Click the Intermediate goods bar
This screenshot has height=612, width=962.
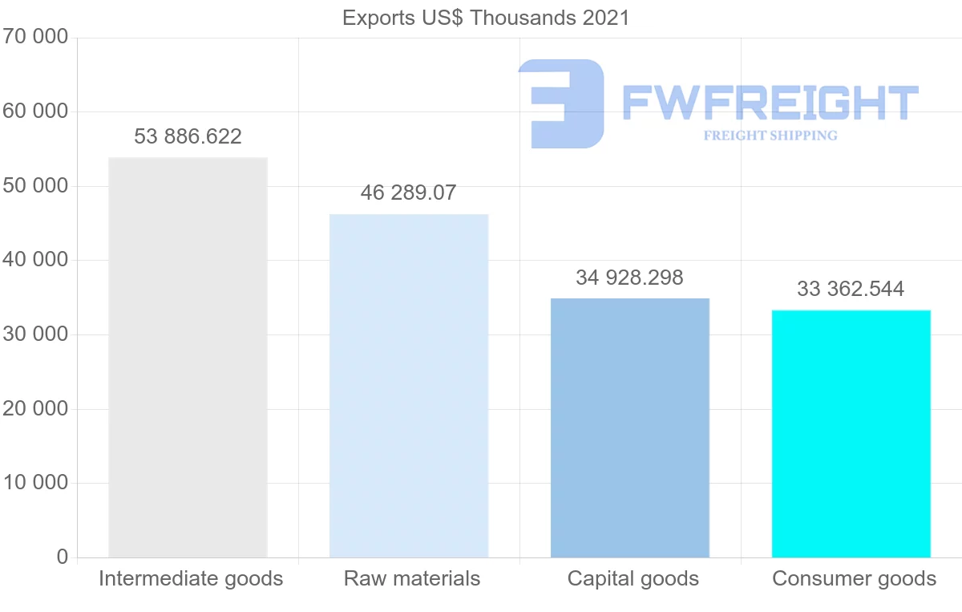click(x=188, y=357)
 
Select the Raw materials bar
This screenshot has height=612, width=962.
click(x=409, y=385)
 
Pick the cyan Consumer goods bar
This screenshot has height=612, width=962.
click(x=851, y=433)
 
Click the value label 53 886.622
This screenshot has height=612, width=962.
click(x=188, y=137)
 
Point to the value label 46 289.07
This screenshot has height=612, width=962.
click(x=408, y=193)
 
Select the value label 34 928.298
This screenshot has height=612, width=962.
click(x=629, y=278)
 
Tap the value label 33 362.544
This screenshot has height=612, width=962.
click(x=851, y=290)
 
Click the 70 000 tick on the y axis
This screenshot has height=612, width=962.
click(x=34, y=37)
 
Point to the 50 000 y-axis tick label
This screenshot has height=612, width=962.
click(x=34, y=186)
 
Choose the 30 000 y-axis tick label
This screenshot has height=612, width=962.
click(x=34, y=334)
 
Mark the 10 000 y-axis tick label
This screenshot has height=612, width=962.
click(x=34, y=483)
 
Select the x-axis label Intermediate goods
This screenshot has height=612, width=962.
click(x=191, y=578)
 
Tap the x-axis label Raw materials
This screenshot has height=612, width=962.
click(x=412, y=578)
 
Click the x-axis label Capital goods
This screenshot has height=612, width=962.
click(x=633, y=578)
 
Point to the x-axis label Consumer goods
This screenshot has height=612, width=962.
click(x=855, y=578)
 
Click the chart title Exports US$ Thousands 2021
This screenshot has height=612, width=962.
click(x=486, y=18)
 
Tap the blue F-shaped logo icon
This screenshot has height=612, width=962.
click(x=561, y=103)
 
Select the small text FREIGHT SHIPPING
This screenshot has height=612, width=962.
click(x=770, y=136)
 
